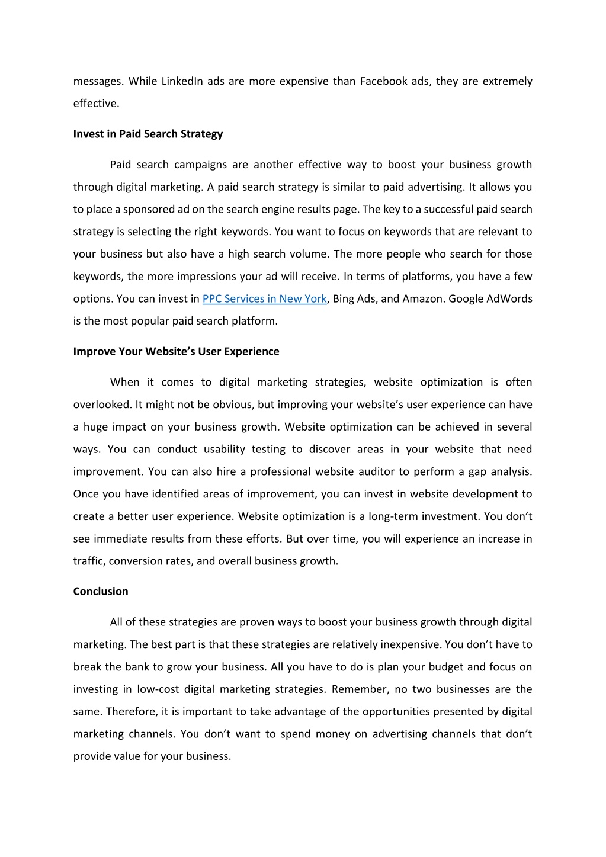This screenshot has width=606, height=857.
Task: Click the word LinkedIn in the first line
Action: (x=182, y=81)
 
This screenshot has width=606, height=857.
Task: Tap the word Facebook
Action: (x=383, y=81)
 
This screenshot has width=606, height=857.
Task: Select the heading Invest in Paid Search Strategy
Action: (x=148, y=134)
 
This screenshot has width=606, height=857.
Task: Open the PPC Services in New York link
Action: (x=264, y=299)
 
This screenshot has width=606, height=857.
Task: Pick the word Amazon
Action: (x=423, y=299)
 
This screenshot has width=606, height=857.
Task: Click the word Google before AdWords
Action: (x=466, y=299)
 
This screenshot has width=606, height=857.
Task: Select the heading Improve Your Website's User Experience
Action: (x=176, y=352)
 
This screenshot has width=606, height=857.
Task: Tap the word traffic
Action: (x=89, y=561)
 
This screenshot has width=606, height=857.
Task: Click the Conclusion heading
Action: (x=101, y=592)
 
